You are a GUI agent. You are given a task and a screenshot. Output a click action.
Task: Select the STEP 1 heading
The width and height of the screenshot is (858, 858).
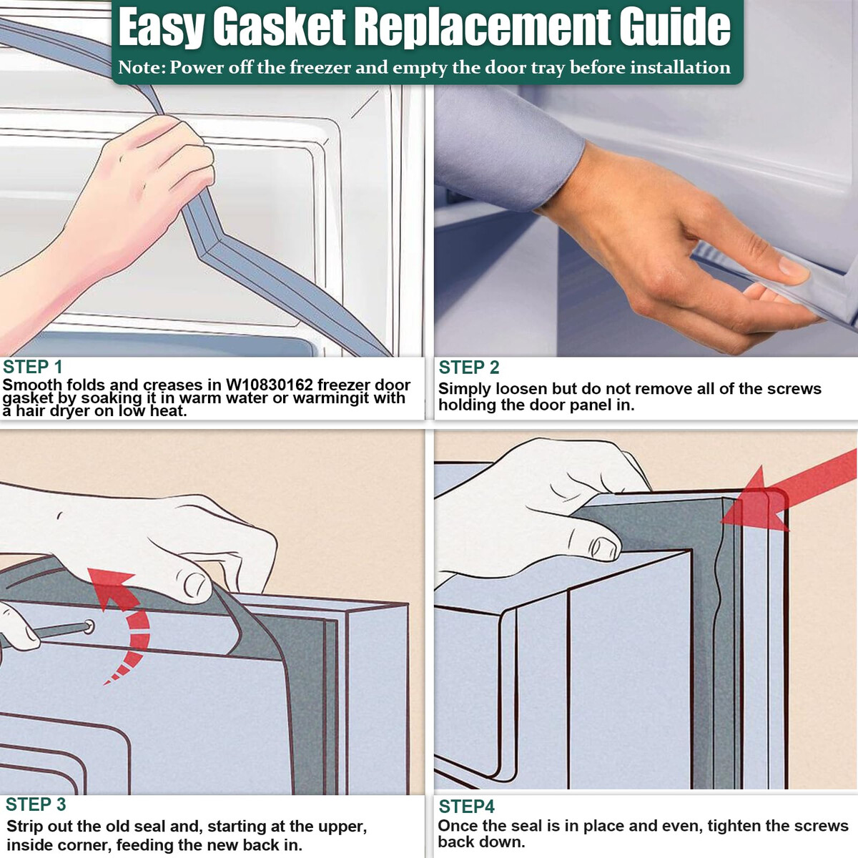32,368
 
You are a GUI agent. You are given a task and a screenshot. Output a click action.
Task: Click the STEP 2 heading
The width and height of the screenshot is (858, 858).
469,368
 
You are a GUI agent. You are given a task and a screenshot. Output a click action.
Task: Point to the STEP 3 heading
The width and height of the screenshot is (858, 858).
36,804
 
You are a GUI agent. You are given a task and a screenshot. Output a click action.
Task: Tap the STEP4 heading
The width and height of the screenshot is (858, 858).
467,807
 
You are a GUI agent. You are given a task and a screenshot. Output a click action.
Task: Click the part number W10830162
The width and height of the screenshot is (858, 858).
269,385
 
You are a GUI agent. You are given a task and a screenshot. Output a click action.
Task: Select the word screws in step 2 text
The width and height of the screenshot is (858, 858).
794,389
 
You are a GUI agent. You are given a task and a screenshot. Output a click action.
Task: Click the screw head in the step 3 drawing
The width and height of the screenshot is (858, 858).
89,627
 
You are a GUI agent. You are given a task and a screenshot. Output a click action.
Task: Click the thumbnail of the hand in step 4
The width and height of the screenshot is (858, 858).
603,547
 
